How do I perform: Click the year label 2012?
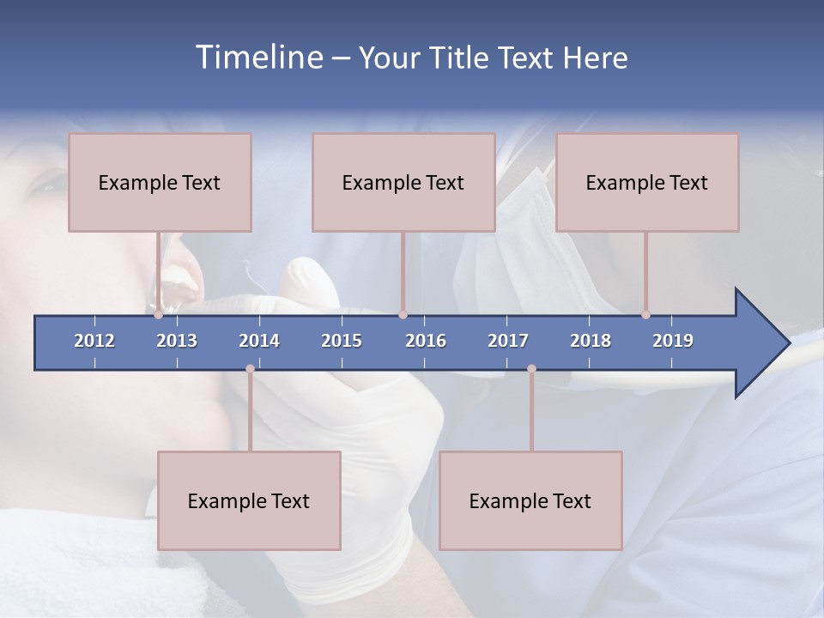click(x=94, y=341)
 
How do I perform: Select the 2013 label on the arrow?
click(x=177, y=341)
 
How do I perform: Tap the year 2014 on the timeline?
click(x=259, y=341)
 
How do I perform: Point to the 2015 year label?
click(x=342, y=341)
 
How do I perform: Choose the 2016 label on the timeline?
click(x=426, y=341)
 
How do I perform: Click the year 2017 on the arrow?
click(x=508, y=341)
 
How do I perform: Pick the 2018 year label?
click(x=591, y=341)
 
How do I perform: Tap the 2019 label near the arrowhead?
click(x=673, y=341)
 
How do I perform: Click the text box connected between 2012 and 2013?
click(x=160, y=182)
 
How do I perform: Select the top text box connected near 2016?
click(x=403, y=182)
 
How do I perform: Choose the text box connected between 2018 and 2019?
click(x=647, y=182)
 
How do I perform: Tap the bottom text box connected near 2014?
click(x=249, y=500)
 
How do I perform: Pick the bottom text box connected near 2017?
click(x=530, y=500)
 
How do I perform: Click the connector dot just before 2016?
click(x=403, y=315)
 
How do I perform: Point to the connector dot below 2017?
click(x=531, y=369)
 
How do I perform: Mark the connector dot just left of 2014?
click(x=250, y=369)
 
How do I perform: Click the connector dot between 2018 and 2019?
click(x=646, y=315)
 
